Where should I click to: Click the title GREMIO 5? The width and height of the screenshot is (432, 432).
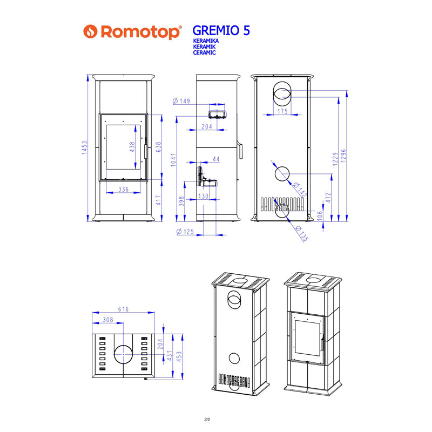tap(221, 30)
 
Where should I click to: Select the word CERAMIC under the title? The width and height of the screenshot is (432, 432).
tap(205, 53)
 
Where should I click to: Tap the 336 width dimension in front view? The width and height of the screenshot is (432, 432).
tap(123, 189)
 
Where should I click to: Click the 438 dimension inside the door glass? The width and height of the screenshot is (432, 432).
tap(131, 147)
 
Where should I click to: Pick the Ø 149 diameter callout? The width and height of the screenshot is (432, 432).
tap(181, 100)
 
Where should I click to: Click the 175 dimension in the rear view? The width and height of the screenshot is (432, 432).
tap(282, 111)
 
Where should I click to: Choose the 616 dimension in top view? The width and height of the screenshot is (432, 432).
tap(123, 309)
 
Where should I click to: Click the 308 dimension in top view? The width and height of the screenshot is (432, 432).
tap(107, 320)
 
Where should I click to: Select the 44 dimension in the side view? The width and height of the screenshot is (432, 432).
tap(216, 159)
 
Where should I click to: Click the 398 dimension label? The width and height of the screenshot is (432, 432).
tap(182, 201)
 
